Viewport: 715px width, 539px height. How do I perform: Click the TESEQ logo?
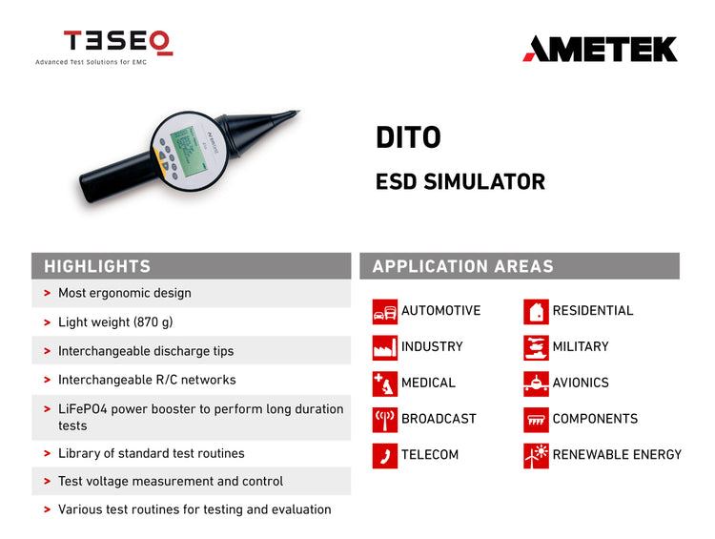tap(117, 42)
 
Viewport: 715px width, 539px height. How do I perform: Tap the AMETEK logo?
tap(600, 49)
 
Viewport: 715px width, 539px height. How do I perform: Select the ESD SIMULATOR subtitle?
tap(460, 181)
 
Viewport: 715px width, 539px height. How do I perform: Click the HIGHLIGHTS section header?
tap(97, 266)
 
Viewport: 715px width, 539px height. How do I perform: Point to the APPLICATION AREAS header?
tap(462, 266)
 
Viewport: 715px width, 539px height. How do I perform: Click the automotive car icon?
tap(384, 311)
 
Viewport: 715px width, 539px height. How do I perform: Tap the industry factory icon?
tap(384, 347)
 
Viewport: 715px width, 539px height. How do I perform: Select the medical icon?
tap(384, 384)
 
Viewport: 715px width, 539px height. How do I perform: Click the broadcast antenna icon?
tap(384, 419)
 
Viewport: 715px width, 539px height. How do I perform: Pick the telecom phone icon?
tap(384, 455)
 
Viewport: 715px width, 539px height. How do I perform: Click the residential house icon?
tap(536, 311)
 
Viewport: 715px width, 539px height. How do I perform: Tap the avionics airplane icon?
tap(536, 384)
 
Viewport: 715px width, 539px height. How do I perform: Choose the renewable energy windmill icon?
tap(536, 455)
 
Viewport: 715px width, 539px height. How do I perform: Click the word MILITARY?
tap(580, 346)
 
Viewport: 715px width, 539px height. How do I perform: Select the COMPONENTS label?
tap(595, 419)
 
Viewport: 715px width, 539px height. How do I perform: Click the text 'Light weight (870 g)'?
tap(115, 322)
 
